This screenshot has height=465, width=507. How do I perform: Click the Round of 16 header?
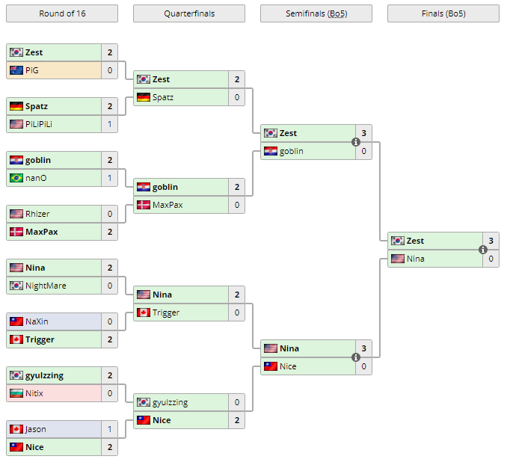61,13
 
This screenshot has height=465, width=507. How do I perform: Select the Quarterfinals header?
188,13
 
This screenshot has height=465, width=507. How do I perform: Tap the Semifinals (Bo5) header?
316,13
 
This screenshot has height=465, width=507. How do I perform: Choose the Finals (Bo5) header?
443,13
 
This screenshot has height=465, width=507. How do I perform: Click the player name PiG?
32,70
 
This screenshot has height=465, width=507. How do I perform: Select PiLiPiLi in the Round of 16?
39,124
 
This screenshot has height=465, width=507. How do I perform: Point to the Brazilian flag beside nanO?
16,178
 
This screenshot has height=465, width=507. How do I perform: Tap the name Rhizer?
37,214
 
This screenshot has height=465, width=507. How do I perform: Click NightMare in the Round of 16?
46,286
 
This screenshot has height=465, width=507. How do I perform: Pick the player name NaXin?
37,321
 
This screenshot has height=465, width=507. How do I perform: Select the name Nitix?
34,393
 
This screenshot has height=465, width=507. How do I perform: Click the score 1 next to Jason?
110,429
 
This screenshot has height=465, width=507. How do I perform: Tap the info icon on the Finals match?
483,250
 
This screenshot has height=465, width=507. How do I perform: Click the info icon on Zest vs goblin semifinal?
356,142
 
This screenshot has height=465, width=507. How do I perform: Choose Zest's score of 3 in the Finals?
491,241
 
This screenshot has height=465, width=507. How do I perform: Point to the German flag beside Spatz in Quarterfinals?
144,97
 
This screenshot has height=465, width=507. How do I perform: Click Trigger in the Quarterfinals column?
165,312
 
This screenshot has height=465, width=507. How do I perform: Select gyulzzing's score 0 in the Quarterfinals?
237,402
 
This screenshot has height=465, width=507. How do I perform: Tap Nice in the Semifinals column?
288,366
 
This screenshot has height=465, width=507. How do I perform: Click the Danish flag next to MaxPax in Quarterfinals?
144,205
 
